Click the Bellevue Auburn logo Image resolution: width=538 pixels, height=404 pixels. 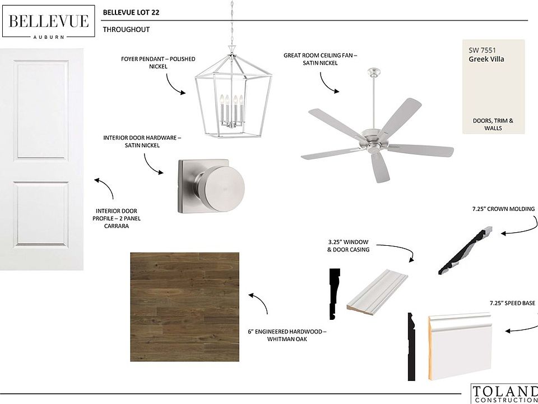(48, 21)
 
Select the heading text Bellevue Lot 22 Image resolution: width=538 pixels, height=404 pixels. (131, 13)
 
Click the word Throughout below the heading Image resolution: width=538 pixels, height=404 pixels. (126, 30)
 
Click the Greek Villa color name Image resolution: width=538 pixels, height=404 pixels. (486, 59)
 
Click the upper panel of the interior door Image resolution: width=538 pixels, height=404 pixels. (41, 110)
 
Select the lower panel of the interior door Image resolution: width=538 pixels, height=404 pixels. (41, 215)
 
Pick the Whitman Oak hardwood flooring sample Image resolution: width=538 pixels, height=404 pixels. (184, 306)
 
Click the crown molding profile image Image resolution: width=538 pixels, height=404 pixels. (466, 250)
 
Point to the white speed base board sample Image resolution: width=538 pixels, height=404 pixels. (460, 346)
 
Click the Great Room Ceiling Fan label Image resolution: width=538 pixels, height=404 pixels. (320, 59)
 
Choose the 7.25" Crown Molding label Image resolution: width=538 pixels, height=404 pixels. (503, 209)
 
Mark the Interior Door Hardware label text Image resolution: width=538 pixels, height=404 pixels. (142, 141)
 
